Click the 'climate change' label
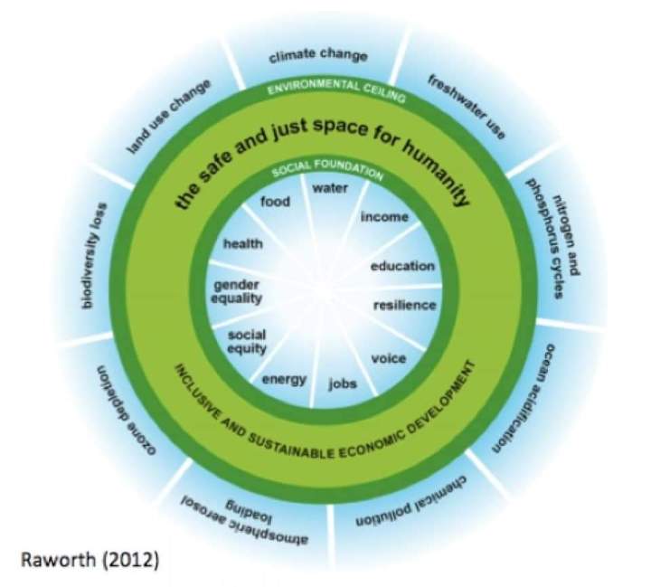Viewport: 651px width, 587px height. click(318, 56)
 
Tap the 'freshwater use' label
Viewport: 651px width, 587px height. click(466, 107)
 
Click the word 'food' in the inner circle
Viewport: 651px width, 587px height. click(274, 202)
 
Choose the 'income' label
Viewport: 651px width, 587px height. click(384, 217)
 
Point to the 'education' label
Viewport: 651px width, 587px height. click(402, 266)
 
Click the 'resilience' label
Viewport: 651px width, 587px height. click(405, 305)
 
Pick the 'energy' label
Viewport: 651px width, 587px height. click(285, 378)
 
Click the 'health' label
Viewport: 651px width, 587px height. click(242, 243)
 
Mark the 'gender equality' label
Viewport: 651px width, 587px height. click(237, 290)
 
